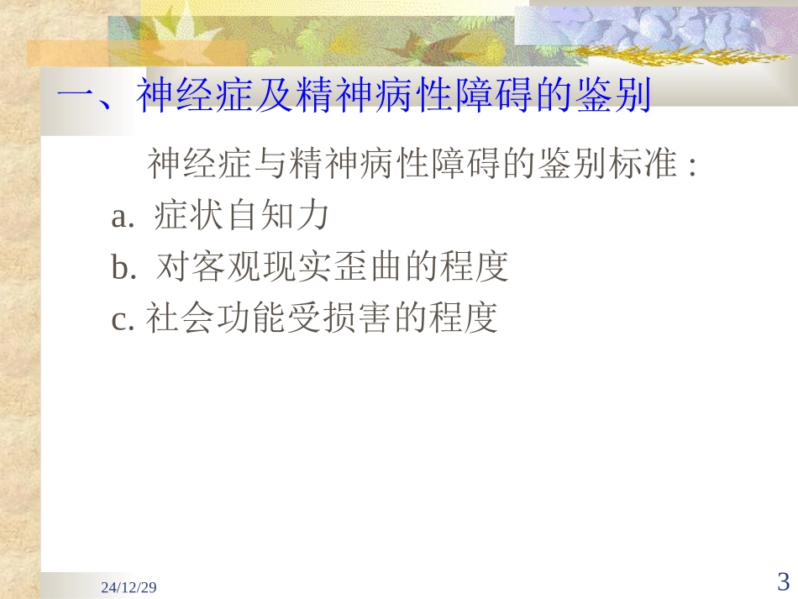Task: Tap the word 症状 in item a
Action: (190, 216)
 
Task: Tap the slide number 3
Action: (783, 581)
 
